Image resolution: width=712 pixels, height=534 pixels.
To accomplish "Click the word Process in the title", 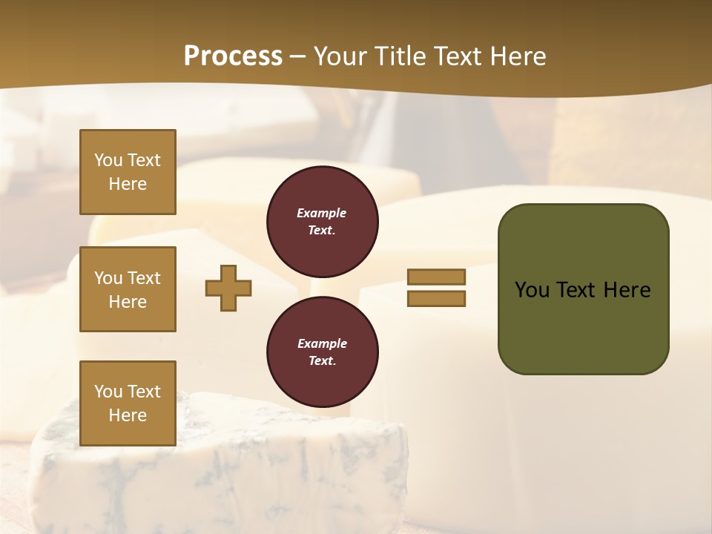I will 233,56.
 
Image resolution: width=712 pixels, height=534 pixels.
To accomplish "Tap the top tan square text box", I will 128,172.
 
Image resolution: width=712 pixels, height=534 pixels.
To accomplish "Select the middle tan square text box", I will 128,289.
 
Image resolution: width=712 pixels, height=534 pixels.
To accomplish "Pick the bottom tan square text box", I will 128,403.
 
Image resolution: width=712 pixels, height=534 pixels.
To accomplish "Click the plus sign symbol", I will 228,288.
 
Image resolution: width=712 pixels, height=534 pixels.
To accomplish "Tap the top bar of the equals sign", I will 436,277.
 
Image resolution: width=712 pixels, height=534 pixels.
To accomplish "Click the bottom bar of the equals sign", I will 436,298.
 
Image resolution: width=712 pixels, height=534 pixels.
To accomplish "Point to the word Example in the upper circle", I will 322,213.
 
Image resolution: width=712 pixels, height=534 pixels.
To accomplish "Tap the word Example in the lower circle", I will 322,343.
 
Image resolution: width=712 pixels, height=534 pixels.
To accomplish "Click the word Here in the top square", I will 128,184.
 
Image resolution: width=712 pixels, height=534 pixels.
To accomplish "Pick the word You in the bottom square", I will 108,391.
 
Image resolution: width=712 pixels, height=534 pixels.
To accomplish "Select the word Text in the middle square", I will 143,277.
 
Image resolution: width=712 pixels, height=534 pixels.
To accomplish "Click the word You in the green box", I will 532,289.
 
